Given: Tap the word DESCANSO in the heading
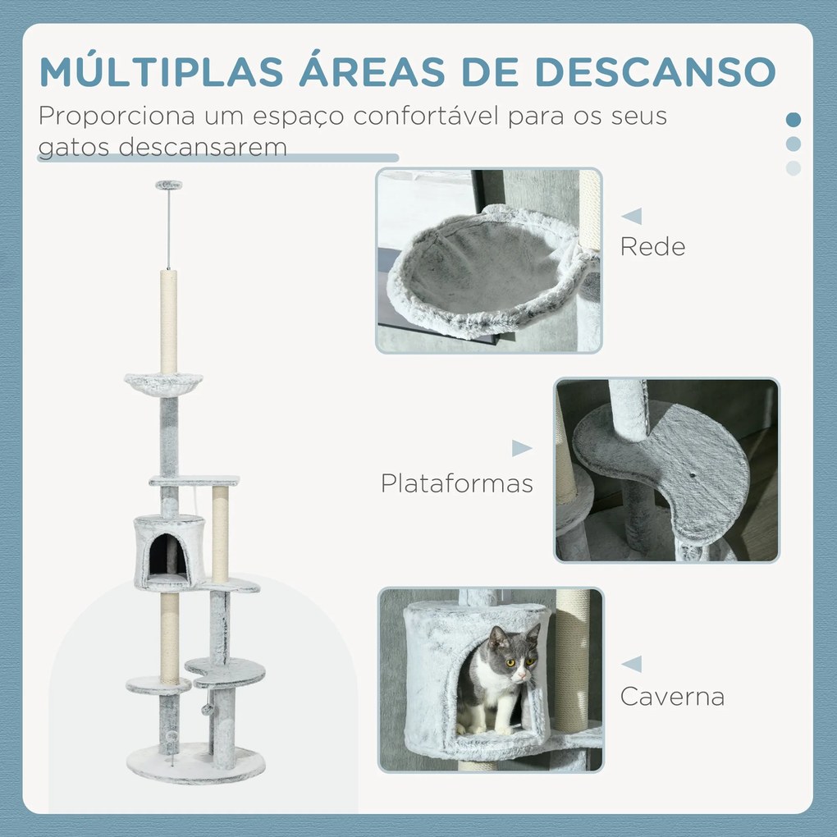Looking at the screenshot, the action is coord(655,71).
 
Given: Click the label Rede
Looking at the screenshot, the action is coord(652,247).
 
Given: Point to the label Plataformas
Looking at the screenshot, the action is coord(457,483).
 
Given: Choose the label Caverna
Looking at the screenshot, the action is coord(672,697).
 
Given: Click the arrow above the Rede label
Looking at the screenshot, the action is coord(632,216).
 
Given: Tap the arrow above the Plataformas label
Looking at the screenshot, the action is coord(522,448).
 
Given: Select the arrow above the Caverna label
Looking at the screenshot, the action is coord(632,665).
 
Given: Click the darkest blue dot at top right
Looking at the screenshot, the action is coord(794,120).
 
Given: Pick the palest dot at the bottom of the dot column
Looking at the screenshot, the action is coord(794,168).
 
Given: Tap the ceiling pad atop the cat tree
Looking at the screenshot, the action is coord(169,185).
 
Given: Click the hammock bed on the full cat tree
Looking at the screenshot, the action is coord(163,381).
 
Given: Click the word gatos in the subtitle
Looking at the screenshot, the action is coord(73,148).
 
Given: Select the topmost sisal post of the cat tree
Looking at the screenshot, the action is coord(169,322).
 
